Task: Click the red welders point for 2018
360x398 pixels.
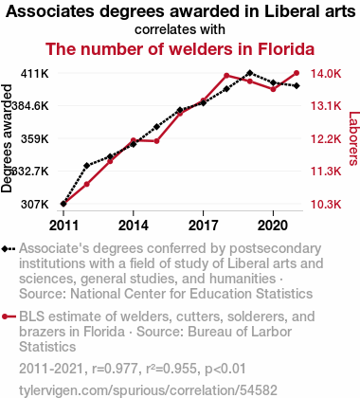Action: [226, 76]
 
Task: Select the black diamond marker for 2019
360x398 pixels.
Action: [250, 73]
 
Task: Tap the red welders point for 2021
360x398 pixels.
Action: [297, 73]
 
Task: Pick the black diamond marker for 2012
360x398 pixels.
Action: [87, 166]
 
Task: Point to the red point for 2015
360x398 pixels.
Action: [156, 141]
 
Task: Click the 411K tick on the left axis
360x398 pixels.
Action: [35, 74]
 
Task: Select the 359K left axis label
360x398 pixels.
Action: [35, 138]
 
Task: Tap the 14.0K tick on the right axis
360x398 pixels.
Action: [326, 74]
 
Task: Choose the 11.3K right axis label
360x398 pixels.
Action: [326, 172]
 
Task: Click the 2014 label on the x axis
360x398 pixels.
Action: [134, 226]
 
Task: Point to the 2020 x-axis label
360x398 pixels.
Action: [273, 226]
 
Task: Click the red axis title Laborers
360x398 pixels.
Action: [353, 138]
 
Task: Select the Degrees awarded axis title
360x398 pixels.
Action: [7, 138]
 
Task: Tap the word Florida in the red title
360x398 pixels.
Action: [286, 49]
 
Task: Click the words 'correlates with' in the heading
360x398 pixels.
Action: [180, 29]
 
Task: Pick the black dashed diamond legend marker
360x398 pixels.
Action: [9, 249]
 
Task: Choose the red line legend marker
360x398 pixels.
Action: [9, 317]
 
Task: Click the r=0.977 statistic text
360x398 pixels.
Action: [115, 369]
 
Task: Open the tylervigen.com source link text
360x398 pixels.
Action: [148, 390]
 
